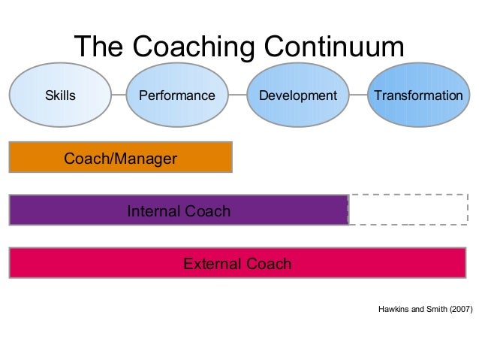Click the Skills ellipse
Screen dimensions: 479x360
click(61, 96)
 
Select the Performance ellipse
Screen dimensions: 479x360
click(176, 96)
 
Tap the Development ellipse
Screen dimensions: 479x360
click(298, 96)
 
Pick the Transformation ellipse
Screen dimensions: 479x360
click(417, 96)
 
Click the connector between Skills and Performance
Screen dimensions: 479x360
click(119, 96)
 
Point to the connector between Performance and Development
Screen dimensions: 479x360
click(236, 96)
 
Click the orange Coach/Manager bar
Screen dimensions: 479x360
click(120, 157)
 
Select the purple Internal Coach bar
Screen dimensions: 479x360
click(178, 210)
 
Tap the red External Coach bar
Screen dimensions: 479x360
click(237, 263)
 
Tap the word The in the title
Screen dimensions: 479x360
click(98, 47)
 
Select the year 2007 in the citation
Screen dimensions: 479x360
click(461, 309)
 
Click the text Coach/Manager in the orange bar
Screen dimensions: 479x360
click(120, 159)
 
